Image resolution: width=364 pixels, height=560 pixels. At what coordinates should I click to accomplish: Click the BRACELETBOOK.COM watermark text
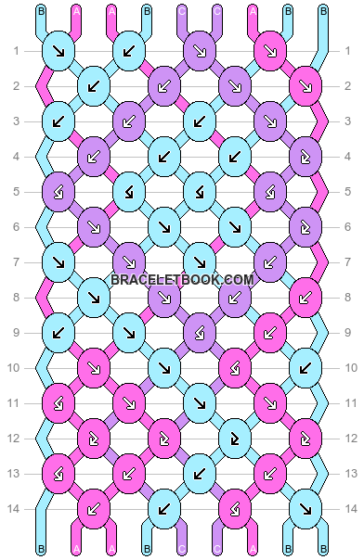(x=182, y=279)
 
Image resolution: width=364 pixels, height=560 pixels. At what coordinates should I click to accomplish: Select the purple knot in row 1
(x=199, y=51)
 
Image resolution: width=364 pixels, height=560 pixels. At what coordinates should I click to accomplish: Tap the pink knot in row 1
(x=268, y=51)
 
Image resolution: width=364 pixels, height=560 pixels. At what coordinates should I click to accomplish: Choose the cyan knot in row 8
(x=93, y=297)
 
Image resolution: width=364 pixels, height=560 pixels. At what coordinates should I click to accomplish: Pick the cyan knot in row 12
(x=233, y=437)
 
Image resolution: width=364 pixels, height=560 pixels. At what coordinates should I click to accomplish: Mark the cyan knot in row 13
(x=199, y=472)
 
